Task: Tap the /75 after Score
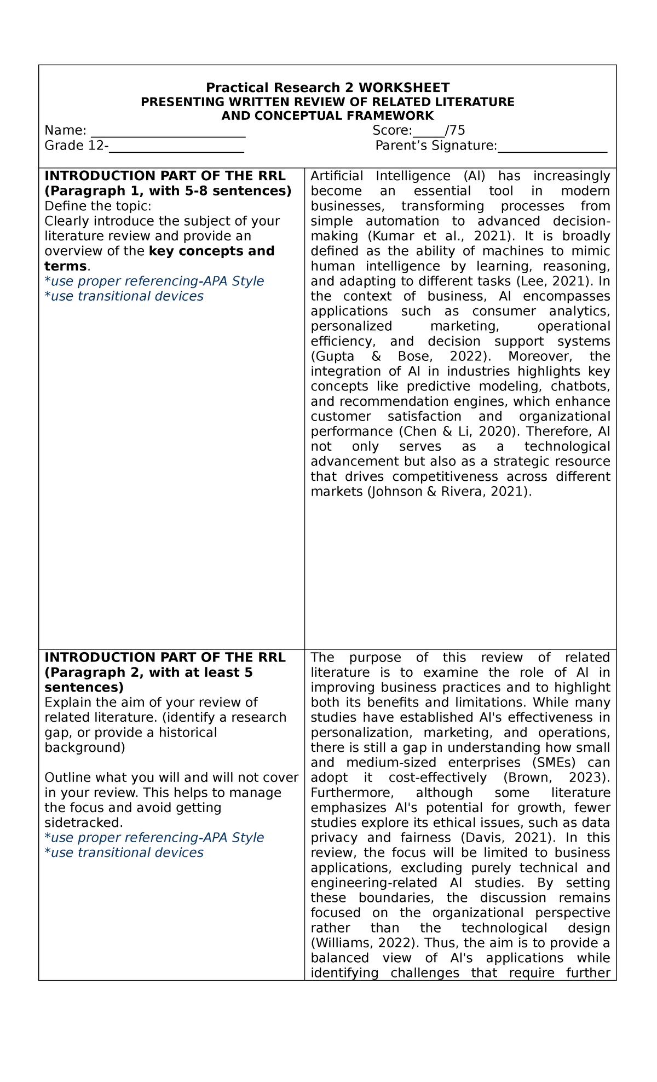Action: pyautogui.click(x=456, y=130)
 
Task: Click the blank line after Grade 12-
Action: pyautogui.click(x=176, y=147)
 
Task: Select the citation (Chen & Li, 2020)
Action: pyautogui.click(x=456, y=431)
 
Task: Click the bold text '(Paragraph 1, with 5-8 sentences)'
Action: pyautogui.click(x=168, y=191)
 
